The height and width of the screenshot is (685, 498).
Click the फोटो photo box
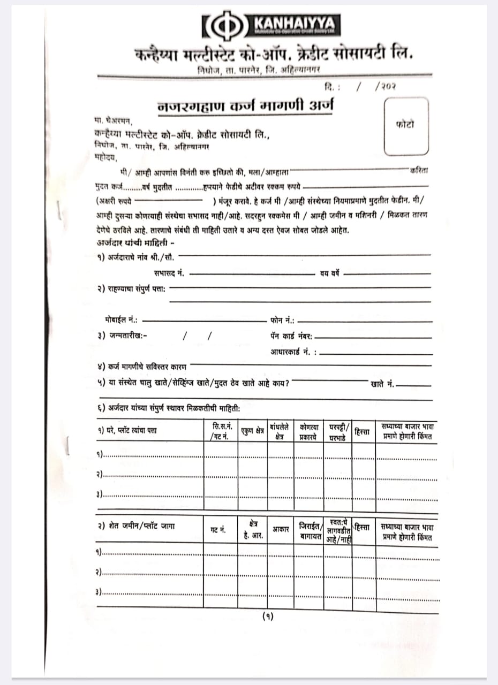[406, 126]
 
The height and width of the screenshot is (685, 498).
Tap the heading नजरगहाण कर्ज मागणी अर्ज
[245, 105]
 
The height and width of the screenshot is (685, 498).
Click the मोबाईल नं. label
[122, 320]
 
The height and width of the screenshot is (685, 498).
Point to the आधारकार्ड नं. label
[293, 352]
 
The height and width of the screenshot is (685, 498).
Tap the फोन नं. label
[282, 320]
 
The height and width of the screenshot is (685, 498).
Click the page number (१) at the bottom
[268, 616]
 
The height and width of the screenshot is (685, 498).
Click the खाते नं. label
[382, 384]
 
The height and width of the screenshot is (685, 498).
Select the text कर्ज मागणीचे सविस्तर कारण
[142, 367]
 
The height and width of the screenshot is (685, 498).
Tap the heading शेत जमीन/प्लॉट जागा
[136, 526]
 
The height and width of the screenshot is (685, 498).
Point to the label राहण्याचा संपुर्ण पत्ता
[132, 289]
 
